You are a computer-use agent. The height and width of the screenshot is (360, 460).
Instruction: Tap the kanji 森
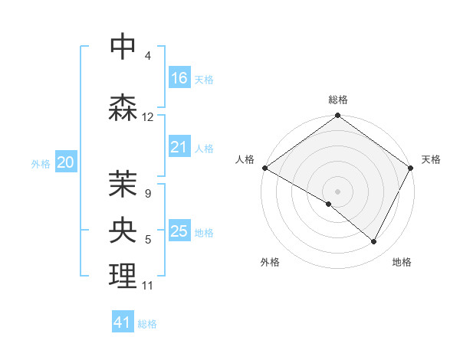(123, 106)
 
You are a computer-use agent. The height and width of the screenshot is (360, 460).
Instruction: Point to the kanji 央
(123, 230)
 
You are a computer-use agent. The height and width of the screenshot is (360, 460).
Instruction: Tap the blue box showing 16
(179, 78)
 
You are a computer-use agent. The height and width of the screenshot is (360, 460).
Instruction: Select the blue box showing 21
(179, 147)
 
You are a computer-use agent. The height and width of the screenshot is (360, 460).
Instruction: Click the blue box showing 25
(179, 231)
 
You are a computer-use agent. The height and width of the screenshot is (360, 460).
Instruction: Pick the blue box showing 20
(66, 162)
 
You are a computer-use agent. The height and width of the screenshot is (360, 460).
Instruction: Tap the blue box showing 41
(123, 322)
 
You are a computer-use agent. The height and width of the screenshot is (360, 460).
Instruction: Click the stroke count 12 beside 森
(148, 117)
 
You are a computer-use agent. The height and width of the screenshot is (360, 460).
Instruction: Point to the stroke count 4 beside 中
(148, 56)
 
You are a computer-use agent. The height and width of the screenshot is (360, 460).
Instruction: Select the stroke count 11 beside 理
(148, 286)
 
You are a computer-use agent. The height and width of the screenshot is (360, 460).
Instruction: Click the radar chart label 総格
(338, 100)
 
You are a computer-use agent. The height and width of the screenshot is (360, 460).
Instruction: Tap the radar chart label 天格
(431, 159)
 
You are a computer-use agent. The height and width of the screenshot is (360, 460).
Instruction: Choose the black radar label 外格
(270, 262)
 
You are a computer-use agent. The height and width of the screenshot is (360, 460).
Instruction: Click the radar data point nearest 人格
(264, 168)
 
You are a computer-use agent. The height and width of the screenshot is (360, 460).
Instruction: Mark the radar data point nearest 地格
(374, 242)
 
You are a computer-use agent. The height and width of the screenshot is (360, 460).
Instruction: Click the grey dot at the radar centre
(337, 191)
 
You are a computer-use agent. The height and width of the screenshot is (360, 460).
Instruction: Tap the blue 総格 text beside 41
(147, 324)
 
